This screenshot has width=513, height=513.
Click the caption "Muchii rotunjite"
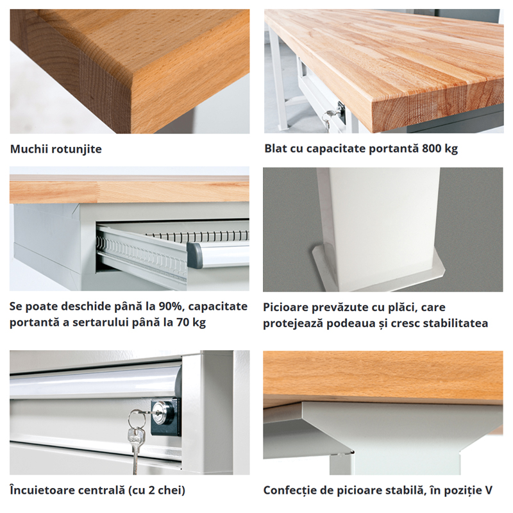pos(56,149)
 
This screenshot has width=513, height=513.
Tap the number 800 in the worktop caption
pos(431,149)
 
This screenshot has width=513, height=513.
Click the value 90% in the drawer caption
pos(170,307)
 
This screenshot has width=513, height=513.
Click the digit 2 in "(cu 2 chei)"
pos(146,491)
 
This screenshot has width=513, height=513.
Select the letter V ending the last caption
pos(489,491)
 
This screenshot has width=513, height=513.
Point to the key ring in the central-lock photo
pos(135,419)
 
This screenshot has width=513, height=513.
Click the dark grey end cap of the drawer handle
pos(194,255)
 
